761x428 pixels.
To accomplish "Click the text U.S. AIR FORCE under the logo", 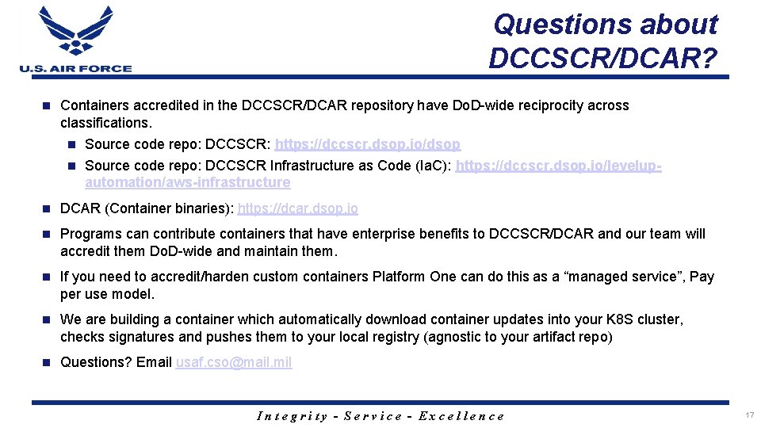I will pos(75,68).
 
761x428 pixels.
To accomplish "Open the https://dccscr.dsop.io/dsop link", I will pos(367,145).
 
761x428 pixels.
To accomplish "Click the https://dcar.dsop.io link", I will pos(297,208).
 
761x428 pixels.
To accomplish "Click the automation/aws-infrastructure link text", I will pos(187,182).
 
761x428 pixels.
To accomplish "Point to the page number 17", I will pos(749,415).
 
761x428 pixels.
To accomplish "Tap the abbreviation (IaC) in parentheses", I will pos(429,166).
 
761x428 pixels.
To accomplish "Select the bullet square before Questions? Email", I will pos(46,363).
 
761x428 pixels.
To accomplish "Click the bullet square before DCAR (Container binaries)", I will pos(46,209).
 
